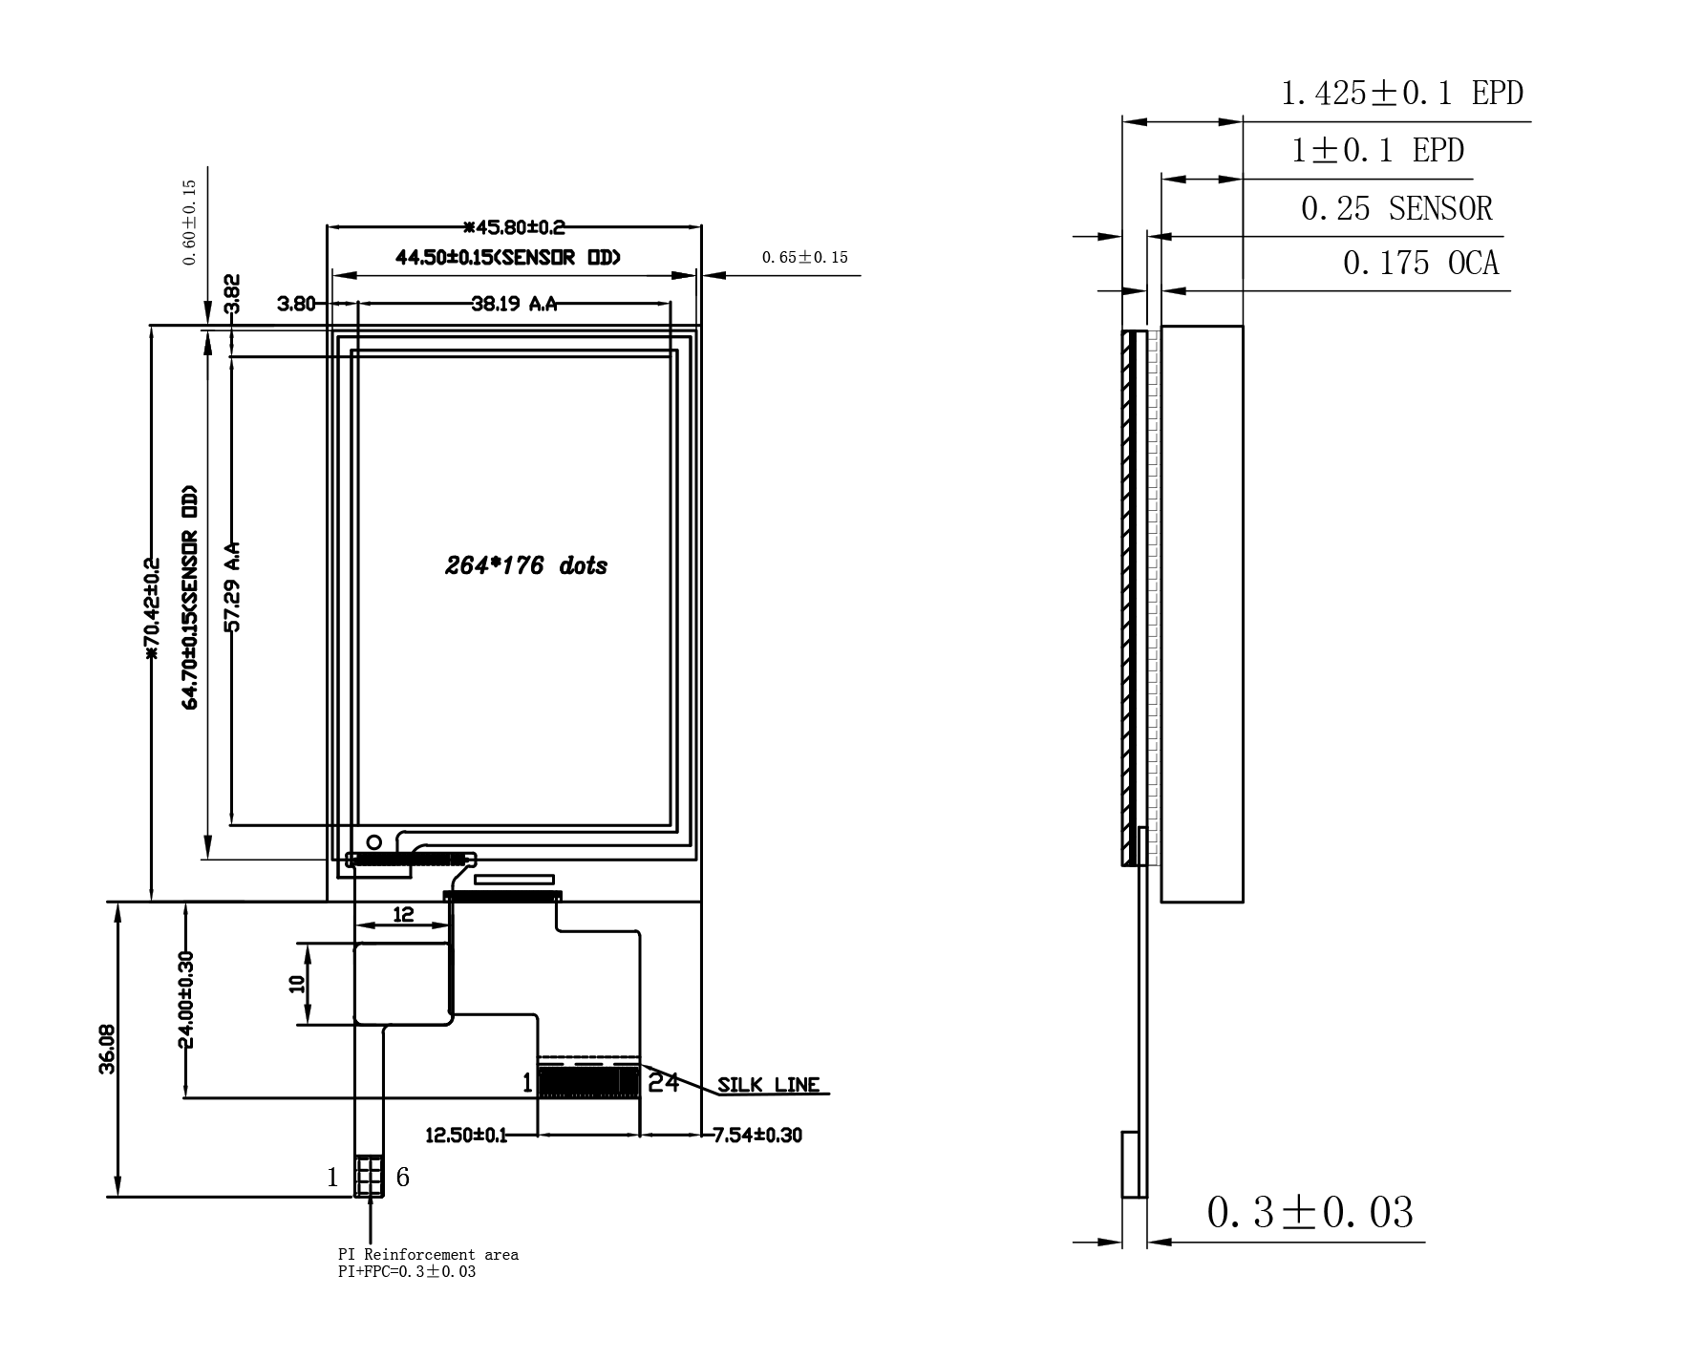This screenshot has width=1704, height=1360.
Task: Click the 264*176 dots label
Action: pos(526,565)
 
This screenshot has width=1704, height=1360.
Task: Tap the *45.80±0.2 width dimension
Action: pos(514,227)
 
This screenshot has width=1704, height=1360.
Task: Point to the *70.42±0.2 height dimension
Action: pos(150,609)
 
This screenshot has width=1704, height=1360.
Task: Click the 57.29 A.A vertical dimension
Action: pos(231,586)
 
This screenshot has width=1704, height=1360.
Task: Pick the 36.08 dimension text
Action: pos(107,1050)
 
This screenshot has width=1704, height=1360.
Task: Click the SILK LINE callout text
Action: pos(768,1085)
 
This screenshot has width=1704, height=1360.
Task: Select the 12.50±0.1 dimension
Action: pos(466,1135)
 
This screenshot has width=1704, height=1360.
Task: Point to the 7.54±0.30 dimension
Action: pos(757,1135)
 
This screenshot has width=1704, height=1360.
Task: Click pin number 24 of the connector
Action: pos(663,1082)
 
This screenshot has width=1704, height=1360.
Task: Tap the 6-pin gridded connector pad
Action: pos(369,1177)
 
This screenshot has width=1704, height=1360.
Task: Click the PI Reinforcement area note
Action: pos(428,1254)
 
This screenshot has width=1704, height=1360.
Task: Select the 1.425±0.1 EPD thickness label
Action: pos(1401,93)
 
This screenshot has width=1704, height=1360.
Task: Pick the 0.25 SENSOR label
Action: pos(1396,208)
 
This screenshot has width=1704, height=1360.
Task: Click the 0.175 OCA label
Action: pos(1420,263)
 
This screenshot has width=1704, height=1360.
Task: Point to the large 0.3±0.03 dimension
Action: pos(1310,1212)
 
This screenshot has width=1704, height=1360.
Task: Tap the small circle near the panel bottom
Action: pos(374,841)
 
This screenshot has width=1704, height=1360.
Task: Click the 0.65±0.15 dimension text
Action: pos(804,257)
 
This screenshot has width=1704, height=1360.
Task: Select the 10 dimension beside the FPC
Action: pos(296,984)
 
